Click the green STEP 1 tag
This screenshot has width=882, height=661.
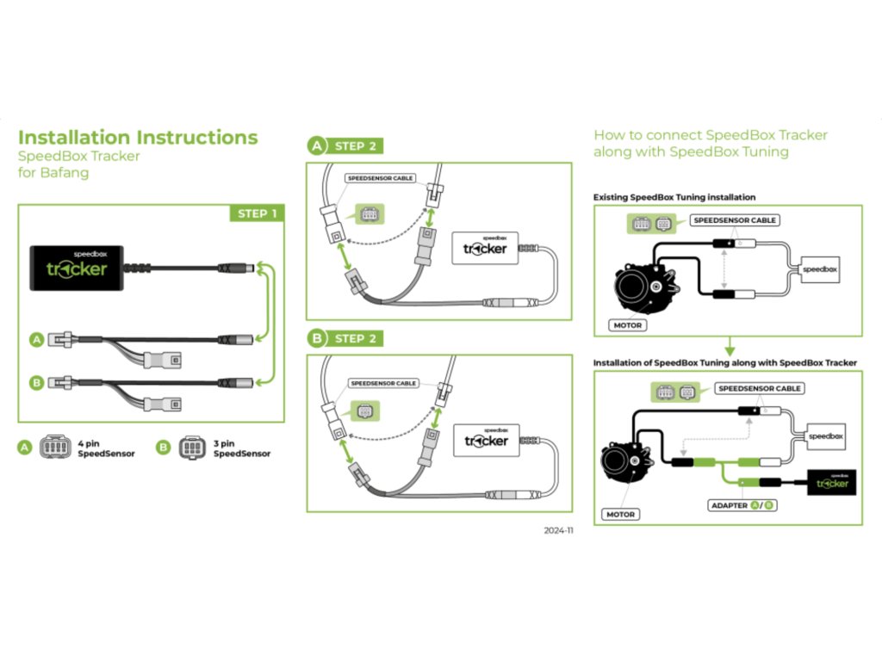click(x=257, y=213)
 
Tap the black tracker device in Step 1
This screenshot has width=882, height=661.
click(x=78, y=266)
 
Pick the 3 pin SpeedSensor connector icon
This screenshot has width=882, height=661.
click(x=190, y=448)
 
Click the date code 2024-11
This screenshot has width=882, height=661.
click(x=557, y=531)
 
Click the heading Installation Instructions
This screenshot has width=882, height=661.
click(x=138, y=138)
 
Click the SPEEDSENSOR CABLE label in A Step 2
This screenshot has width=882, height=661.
click(x=380, y=178)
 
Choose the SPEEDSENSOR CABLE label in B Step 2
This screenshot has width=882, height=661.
click(x=383, y=383)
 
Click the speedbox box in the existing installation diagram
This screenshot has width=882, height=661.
click(x=819, y=269)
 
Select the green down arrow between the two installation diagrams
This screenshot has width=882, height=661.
click(x=729, y=348)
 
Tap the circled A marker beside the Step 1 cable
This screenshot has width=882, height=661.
click(x=36, y=340)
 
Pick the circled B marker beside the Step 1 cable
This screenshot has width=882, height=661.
click(x=36, y=381)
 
